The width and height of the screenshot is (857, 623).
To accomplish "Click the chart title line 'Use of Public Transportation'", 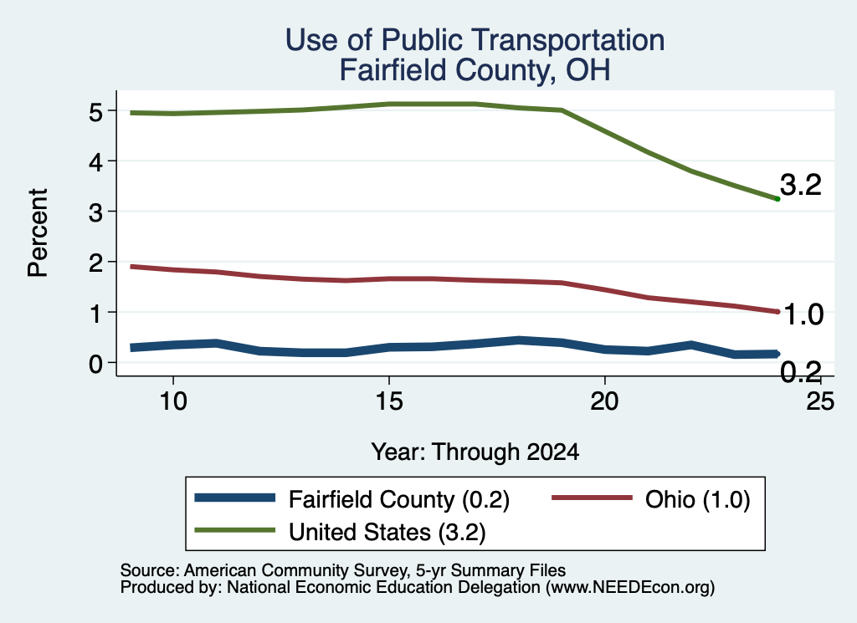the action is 475,41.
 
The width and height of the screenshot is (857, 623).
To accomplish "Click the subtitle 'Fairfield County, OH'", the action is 475,70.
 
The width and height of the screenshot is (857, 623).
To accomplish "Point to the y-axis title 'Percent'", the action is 38,233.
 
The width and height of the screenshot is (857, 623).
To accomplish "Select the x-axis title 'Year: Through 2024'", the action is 475,452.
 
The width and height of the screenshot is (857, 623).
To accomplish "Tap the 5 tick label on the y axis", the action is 95,113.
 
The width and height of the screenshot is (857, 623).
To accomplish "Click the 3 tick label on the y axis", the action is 95,212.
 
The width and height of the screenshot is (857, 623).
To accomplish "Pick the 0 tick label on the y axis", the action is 95,364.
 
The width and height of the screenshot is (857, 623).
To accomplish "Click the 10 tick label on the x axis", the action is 173,401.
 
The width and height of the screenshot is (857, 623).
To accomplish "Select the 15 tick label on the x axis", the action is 389,401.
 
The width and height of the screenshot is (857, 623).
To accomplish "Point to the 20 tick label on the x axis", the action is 604,401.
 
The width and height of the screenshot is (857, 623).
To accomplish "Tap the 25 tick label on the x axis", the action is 820,401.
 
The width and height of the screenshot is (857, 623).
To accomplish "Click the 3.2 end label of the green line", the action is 801,185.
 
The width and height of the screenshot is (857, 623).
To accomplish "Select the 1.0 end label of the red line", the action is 803,314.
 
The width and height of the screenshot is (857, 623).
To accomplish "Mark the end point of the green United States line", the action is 777,199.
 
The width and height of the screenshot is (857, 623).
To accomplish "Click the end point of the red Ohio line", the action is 777,312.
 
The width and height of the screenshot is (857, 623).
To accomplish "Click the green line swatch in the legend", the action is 235,530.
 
